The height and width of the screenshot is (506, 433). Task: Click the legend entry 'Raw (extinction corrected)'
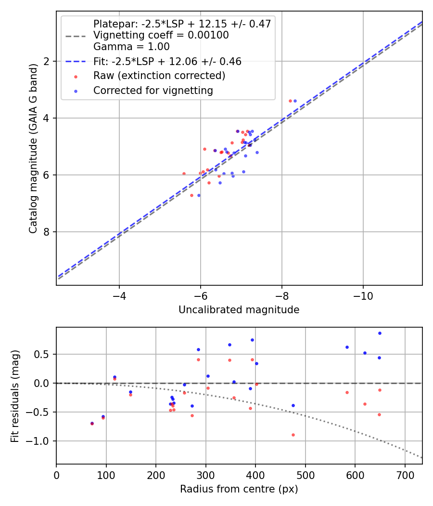click(x=159, y=76)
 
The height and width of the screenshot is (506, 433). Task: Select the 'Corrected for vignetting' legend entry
click(x=153, y=91)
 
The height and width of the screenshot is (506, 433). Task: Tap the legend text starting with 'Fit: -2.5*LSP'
click(x=167, y=61)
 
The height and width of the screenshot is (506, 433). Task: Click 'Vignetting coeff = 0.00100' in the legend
click(x=161, y=35)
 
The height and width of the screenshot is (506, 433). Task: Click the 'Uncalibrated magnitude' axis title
click(x=239, y=310)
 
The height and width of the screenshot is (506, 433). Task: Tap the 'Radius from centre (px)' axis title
click(x=239, y=489)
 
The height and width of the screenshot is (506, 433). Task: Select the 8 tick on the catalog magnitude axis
click(x=47, y=232)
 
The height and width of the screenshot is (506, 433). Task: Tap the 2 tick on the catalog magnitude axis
click(x=47, y=61)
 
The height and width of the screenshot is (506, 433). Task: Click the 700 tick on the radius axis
click(x=405, y=475)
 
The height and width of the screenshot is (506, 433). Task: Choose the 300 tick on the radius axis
click(x=205, y=475)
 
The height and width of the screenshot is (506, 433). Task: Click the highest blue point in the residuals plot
click(x=380, y=333)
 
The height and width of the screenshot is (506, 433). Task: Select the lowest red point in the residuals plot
click(x=293, y=435)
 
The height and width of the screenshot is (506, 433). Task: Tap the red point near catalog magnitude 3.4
click(x=290, y=101)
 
